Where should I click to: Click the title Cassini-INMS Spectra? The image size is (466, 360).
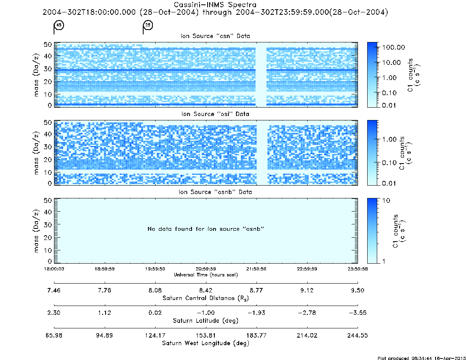[215, 5]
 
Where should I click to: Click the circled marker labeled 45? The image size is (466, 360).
[59, 25]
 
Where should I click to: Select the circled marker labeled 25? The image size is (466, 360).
[148, 25]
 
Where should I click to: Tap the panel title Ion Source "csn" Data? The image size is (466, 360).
[215, 36]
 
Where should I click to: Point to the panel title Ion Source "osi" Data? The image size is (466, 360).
[215, 114]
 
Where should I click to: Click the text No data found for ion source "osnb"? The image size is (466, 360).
[206, 229]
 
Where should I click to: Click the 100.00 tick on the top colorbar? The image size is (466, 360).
[394, 47]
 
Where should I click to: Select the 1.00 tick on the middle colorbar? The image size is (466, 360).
[389, 139]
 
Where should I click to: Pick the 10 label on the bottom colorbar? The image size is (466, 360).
[386, 201]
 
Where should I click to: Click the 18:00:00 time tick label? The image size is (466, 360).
[54, 269]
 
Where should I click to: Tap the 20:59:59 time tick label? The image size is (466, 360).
[206, 269]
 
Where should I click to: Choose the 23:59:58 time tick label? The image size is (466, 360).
[358, 269]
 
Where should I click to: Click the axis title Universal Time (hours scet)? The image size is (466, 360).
[206, 275]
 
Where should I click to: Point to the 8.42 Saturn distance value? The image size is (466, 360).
[206, 290]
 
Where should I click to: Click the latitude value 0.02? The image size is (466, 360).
[155, 313]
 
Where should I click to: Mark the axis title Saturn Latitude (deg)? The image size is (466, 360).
[206, 321]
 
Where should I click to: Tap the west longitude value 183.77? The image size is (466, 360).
[256, 335]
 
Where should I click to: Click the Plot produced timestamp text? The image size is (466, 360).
[422, 358]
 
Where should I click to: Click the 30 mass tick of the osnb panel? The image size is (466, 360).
[48, 225]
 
